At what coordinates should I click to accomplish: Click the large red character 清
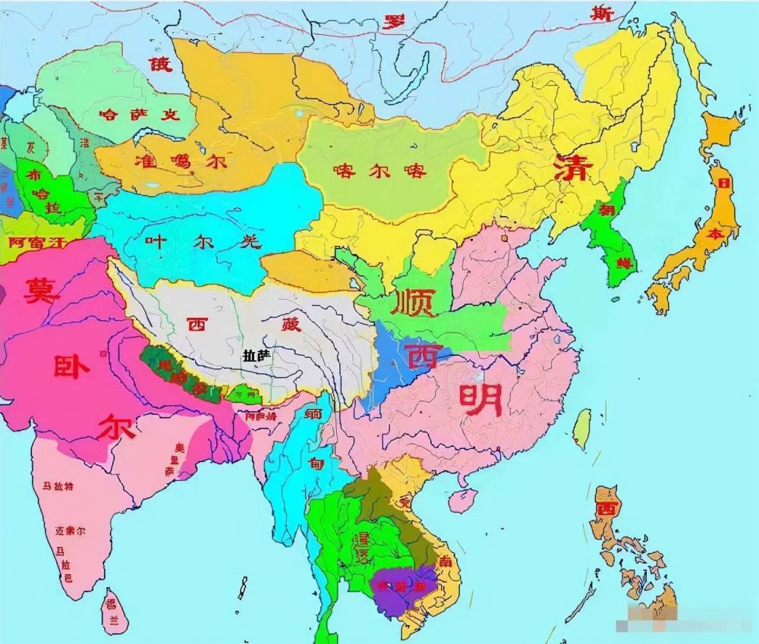click(570, 168)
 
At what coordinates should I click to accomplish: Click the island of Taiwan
click(581, 429)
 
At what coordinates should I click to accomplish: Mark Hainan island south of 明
click(462, 499)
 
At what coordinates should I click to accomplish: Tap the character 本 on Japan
click(715, 234)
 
